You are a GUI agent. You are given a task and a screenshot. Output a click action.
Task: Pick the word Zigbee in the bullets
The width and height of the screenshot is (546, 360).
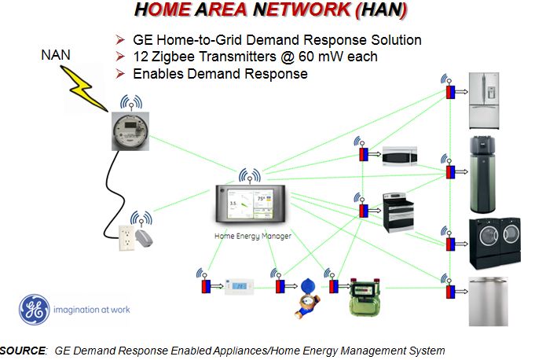coord(178,57)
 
